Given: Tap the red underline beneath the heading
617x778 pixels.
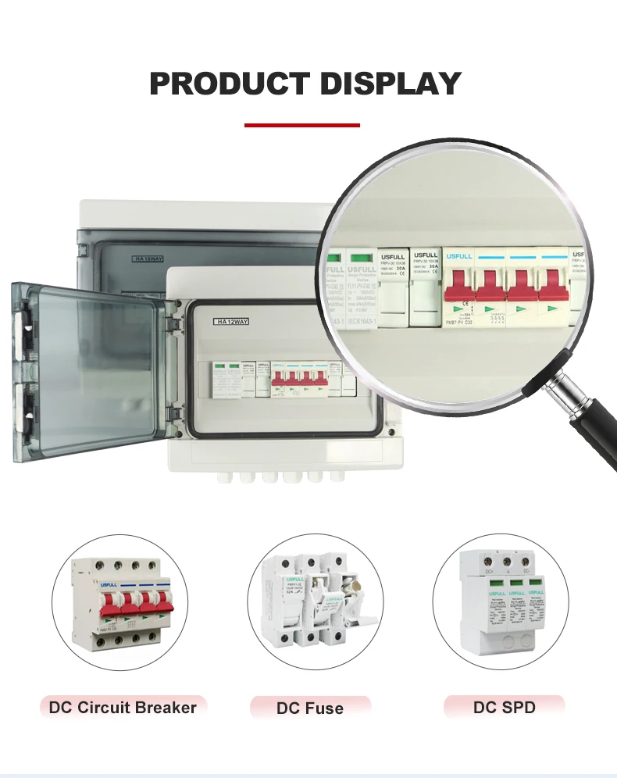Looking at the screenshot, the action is (x=302, y=125).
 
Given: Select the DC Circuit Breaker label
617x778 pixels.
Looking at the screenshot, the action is (x=123, y=708).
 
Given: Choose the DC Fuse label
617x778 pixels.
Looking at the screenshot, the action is (x=309, y=708).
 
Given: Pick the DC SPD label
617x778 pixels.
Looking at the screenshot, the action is (x=504, y=708).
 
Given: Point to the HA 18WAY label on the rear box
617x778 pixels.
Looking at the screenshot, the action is (x=148, y=258).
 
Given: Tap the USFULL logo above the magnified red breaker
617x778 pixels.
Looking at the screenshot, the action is (x=458, y=255).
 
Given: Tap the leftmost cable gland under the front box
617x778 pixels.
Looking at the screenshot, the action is (x=229, y=476).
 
